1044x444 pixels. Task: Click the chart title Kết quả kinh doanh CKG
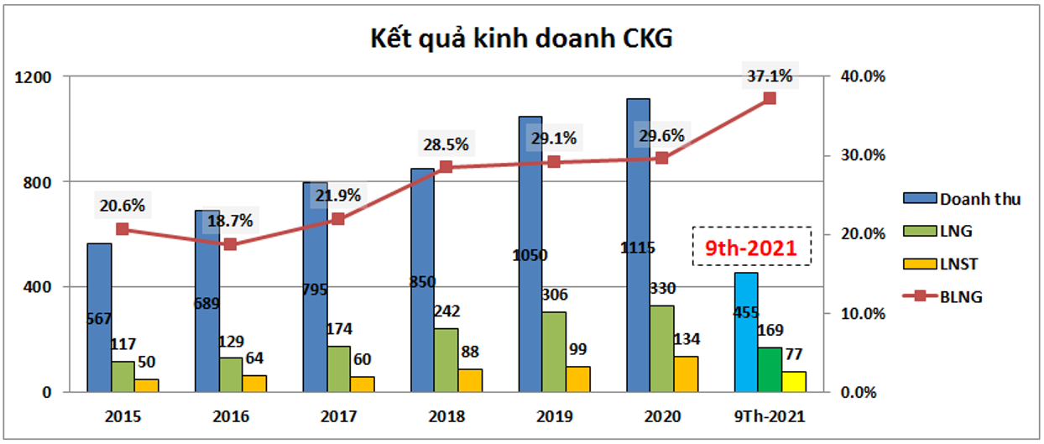(x=521, y=39)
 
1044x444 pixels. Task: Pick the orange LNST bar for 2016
(x=255, y=384)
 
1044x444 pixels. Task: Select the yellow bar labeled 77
(x=793, y=382)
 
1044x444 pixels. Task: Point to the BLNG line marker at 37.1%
(x=770, y=98)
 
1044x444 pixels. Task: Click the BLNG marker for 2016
(x=231, y=244)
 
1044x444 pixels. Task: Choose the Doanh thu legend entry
(x=961, y=199)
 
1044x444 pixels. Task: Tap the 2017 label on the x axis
(x=338, y=416)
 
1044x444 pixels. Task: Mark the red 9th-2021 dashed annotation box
(x=751, y=247)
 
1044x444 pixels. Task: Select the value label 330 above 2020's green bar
(x=662, y=289)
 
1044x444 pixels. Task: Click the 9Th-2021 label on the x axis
(x=770, y=416)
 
